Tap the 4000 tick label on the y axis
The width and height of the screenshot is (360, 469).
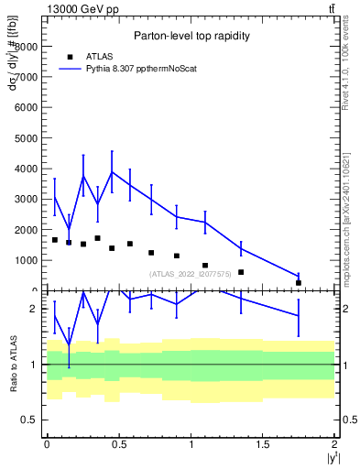tap(27, 169)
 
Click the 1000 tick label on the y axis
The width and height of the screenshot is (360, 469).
tap(27, 260)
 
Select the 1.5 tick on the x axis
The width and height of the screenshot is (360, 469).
tap(263, 443)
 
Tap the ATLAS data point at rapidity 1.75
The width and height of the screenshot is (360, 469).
tap(299, 282)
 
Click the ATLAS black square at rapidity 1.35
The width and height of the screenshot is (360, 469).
tap(241, 272)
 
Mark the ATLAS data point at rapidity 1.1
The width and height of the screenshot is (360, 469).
tap(205, 266)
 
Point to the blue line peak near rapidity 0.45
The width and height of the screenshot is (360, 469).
tap(112, 171)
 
